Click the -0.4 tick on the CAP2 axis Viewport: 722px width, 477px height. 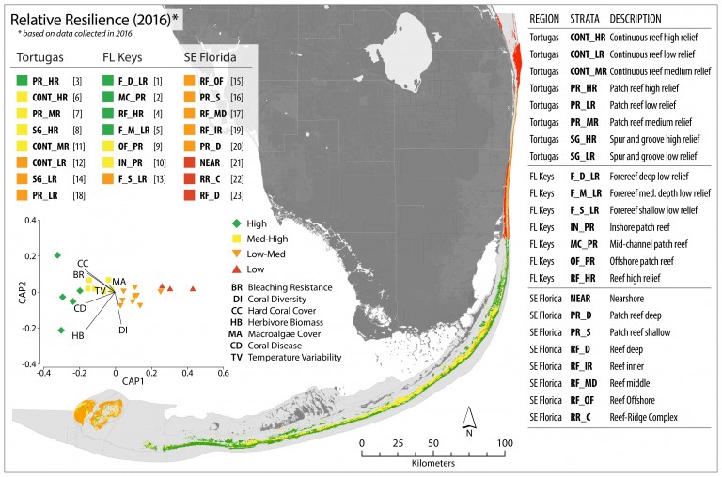pyautogui.click(x=29, y=364)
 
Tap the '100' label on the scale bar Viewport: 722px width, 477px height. pyautogui.click(x=504, y=443)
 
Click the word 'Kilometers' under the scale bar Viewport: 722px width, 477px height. pyautogui.click(x=432, y=463)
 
